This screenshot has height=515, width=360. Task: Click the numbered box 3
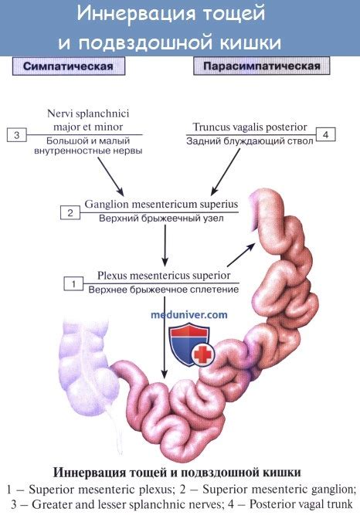(x=16, y=135)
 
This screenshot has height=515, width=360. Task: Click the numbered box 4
(x=325, y=134)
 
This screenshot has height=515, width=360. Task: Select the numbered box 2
(x=70, y=213)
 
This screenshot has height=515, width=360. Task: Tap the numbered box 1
(x=73, y=284)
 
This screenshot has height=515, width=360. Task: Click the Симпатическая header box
(x=69, y=66)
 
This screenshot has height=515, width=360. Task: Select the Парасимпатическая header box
(x=261, y=66)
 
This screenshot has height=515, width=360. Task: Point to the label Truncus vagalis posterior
(x=250, y=127)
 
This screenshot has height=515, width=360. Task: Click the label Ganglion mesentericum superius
(x=161, y=204)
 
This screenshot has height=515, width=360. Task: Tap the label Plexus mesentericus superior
(x=164, y=275)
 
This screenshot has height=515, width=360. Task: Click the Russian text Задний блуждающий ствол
(x=250, y=141)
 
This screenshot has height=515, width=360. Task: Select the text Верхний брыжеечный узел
(x=161, y=218)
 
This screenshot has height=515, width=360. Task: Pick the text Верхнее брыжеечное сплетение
(x=164, y=290)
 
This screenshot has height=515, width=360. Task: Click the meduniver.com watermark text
(x=189, y=315)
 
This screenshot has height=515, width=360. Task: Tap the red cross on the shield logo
(x=202, y=354)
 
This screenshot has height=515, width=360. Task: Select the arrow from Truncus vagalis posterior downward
(x=226, y=171)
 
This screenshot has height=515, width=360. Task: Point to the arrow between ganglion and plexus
(x=165, y=246)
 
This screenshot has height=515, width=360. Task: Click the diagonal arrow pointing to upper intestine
(x=241, y=255)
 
